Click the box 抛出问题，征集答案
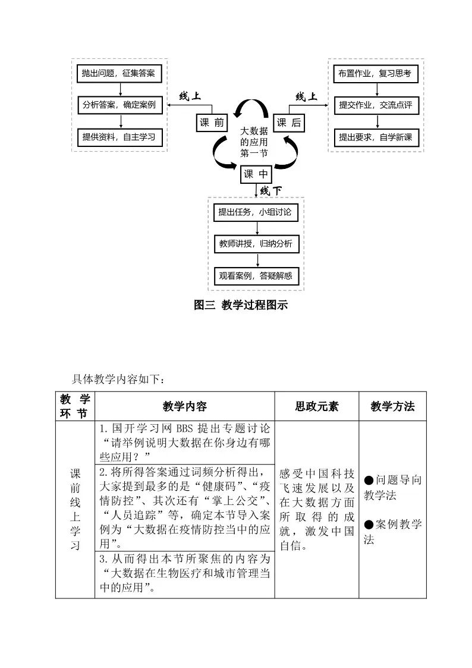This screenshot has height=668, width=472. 119,74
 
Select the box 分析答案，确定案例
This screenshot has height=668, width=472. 119,105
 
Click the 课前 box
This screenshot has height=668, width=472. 212,123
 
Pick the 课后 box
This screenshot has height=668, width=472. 289,123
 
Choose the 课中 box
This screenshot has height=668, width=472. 256,175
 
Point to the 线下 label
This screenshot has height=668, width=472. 271,191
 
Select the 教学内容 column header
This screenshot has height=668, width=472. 184,406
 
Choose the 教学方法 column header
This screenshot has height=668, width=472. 392,406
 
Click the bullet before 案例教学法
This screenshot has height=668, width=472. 369,524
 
